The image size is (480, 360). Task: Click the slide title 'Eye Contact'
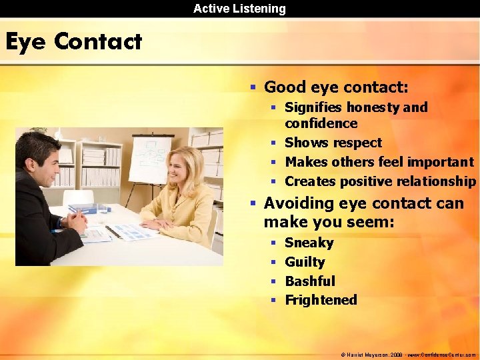pyautogui.click(x=73, y=42)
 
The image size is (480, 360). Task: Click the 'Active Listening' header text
pyautogui.click(x=239, y=9)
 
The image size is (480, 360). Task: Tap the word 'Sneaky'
pyautogui.click(x=309, y=243)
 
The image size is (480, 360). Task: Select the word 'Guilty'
pyautogui.click(x=305, y=262)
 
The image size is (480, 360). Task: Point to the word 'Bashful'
pyautogui.click(x=310, y=281)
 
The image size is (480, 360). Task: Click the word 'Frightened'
pyautogui.click(x=321, y=300)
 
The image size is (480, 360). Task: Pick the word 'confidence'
pyautogui.click(x=321, y=123)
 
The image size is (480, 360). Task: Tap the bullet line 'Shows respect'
pyautogui.click(x=333, y=143)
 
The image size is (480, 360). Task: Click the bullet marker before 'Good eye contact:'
pyautogui.click(x=253, y=87)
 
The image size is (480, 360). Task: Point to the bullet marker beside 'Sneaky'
pyautogui.click(x=273, y=243)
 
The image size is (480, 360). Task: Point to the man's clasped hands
pyautogui.click(x=75, y=219)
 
